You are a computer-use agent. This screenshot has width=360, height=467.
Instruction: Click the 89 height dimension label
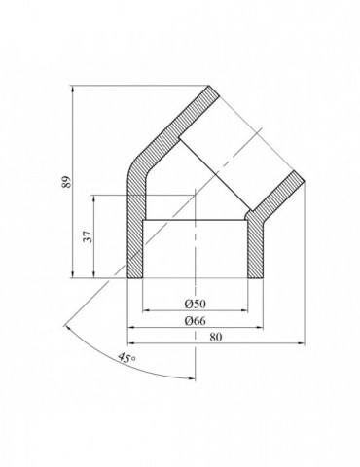pos(66,183)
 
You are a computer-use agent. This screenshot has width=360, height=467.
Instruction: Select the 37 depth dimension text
pos(88,237)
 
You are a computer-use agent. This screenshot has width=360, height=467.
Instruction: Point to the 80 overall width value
pos(213,337)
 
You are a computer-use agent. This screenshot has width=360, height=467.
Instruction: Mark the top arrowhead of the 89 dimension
pos(74,90)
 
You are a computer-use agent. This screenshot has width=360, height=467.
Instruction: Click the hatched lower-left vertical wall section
pos(134,248)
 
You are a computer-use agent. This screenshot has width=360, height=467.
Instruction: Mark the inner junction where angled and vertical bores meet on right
pos(245,219)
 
